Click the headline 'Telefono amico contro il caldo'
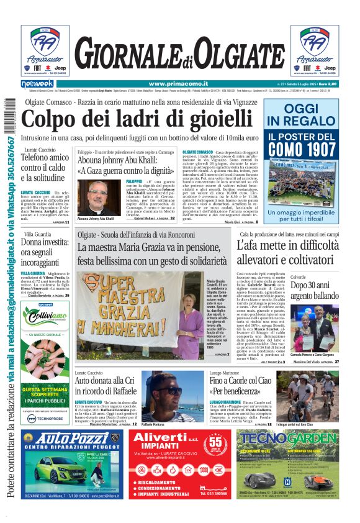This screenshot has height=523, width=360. tap(44, 168)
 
